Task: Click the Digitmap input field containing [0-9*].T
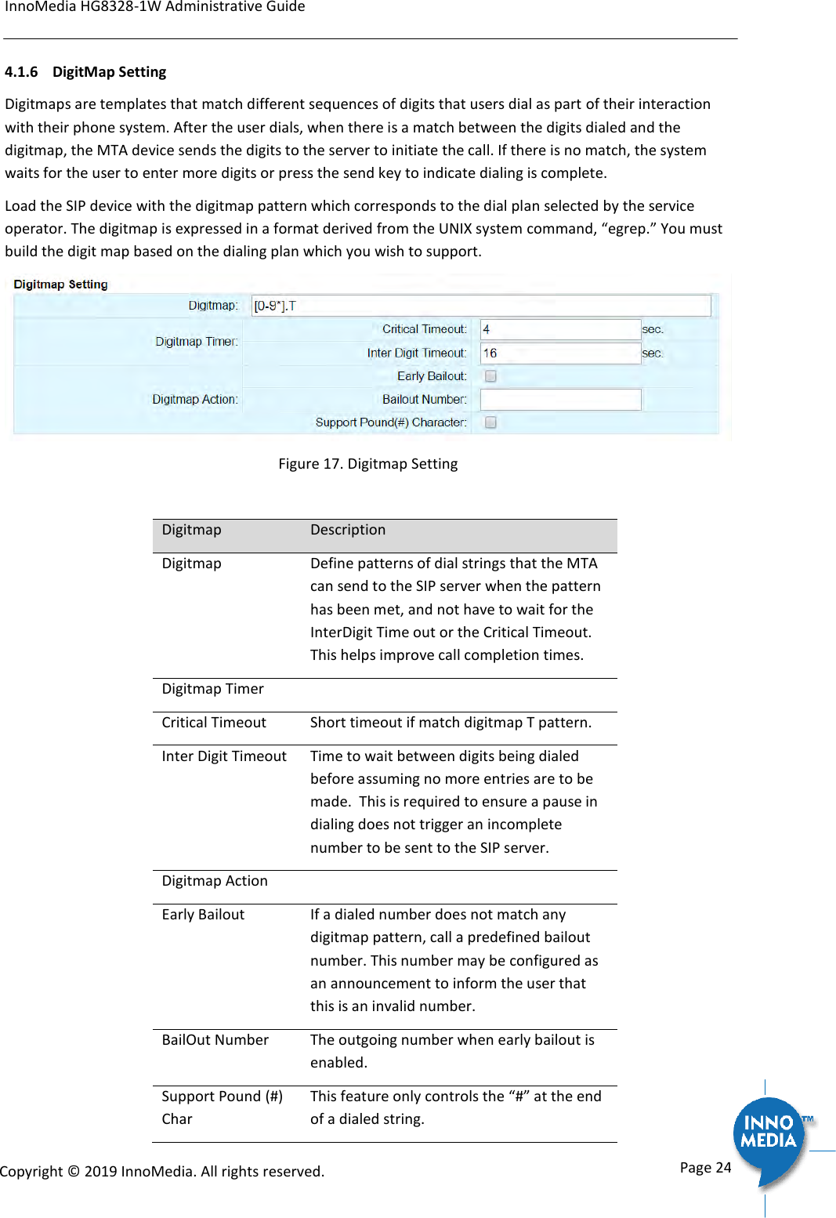pyautogui.click(x=480, y=306)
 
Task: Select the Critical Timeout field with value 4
pyautogui.click(x=560, y=329)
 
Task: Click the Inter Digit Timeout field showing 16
pyautogui.click(x=560, y=353)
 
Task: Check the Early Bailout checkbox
pyautogui.click(x=490, y=376)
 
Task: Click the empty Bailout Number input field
pyautogui.click(x=560, y=400)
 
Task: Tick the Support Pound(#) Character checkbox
pyautogui.click(x=490, y=422)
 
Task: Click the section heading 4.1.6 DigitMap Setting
pyautogui.click(x=85, y=72)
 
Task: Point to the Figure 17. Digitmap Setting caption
pyautogui.click(x=367, y=464)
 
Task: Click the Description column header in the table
pyautogui.click(x=348, y=530)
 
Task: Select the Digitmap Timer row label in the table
pyautogui.click(x=212, y=689)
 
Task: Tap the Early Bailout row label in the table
pyautogui.click(x=203, y=915)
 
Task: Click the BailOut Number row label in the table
pyautogui.click(x=215, y=1040)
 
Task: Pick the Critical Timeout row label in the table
pyautogui.click(x=214, y=723)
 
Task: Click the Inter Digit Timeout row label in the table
pyautogui.click(x=224, y=756)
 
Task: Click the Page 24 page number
pyautogui.click(x=705, y=1168)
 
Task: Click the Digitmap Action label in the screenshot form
pyautogui.click(x=195, y=400)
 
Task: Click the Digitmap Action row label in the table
pyautogui.click(x=215, y=881)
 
